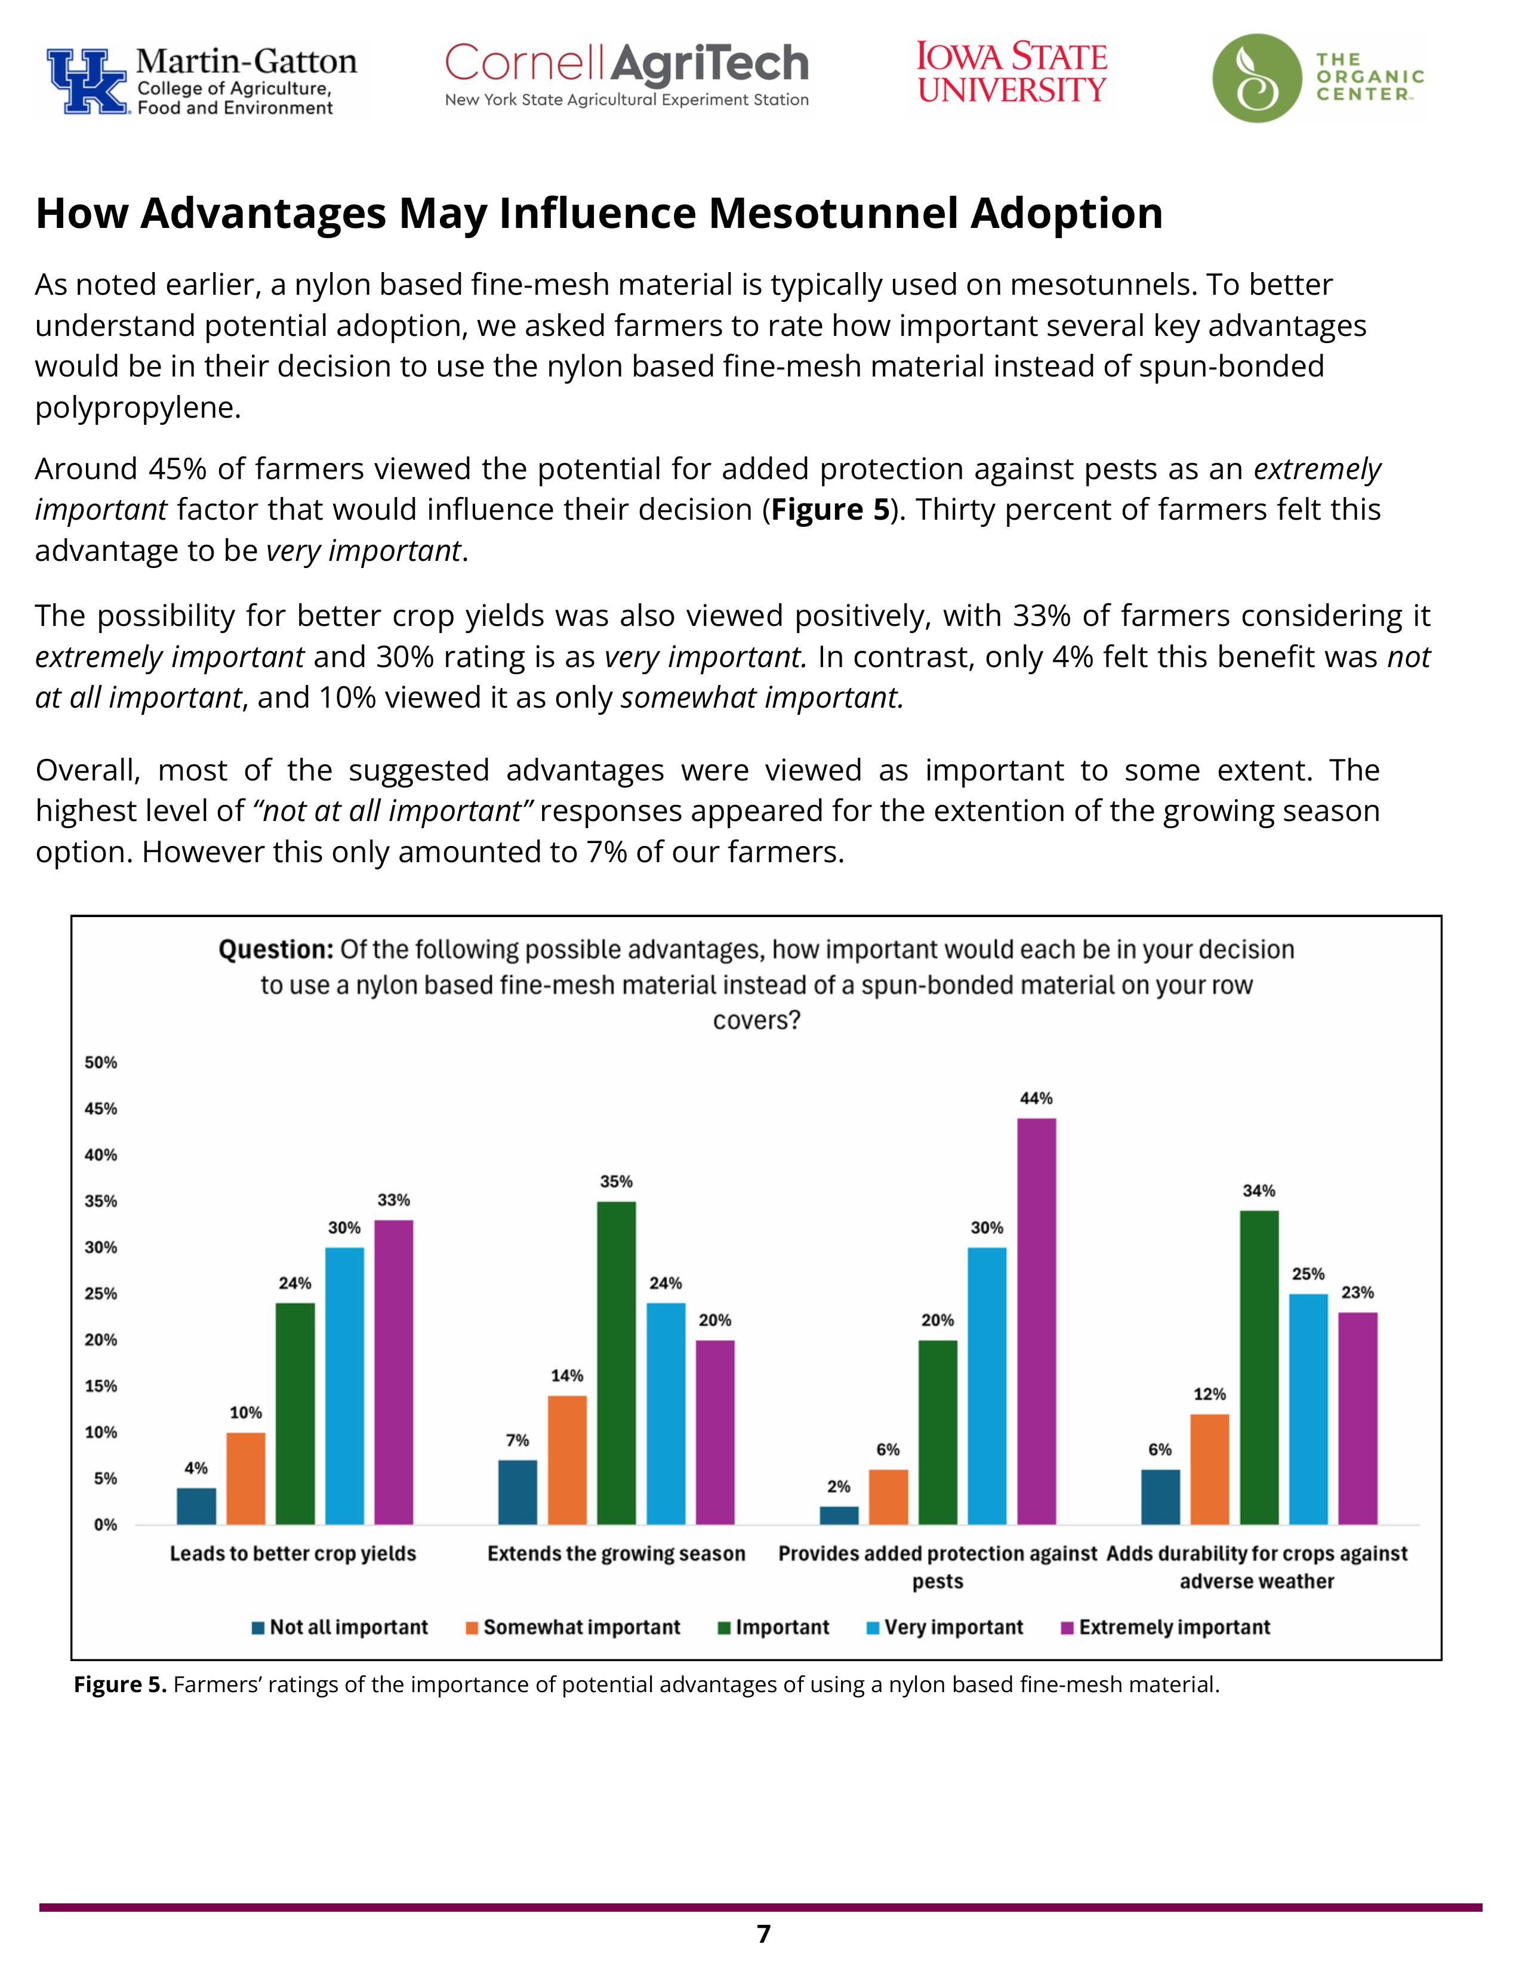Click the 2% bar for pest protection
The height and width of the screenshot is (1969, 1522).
click(x=839, y=1516)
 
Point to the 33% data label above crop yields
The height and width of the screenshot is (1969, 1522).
click(x=393, y=1200)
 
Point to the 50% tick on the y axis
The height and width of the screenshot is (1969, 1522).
click(x=101, y=1063)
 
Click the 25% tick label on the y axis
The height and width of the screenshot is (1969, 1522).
click(x=101, y=1294)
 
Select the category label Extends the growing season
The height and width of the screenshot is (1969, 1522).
click(x=616, y=1553)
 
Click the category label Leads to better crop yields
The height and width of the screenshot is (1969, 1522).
click(x=293, y=1553)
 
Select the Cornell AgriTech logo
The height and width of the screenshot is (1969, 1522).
click(x=627, y=75)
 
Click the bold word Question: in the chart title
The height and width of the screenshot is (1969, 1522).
click(x=276, y=949)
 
